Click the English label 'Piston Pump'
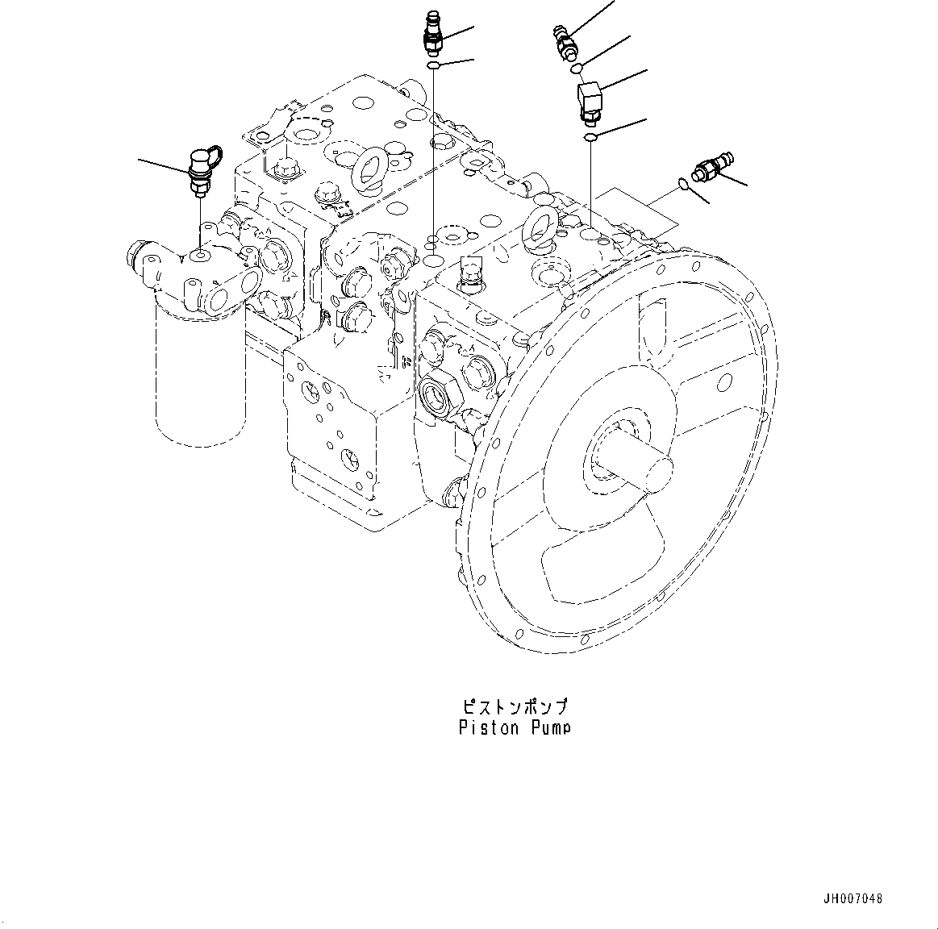(x=515, y=727)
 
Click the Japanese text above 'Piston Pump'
(x=515, y=707)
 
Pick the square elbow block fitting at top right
(x=589, y=102)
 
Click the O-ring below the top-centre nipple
(x=433, y=65)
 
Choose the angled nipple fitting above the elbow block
(x=563, y=41)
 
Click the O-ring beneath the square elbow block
(x=590, y=139)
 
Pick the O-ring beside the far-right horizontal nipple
(x=683, y=184)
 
